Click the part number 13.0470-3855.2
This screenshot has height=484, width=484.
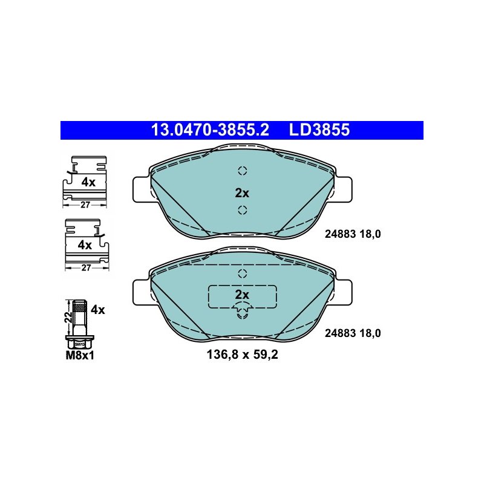coord(210,129)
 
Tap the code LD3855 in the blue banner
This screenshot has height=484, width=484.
coord(319,129)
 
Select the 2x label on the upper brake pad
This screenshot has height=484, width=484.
coord(242,193)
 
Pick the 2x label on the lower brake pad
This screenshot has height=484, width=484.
coord(242,295)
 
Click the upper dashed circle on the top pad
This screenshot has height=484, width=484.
coord(243,171)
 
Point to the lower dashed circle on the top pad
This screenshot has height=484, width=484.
coord(243,210)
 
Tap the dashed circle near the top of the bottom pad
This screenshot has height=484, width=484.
coord(243,273)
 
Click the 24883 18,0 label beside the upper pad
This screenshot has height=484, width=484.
coord(353,234)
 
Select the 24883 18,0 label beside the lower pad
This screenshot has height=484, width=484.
coord(353,333)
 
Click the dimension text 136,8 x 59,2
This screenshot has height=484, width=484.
coord(243,355)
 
